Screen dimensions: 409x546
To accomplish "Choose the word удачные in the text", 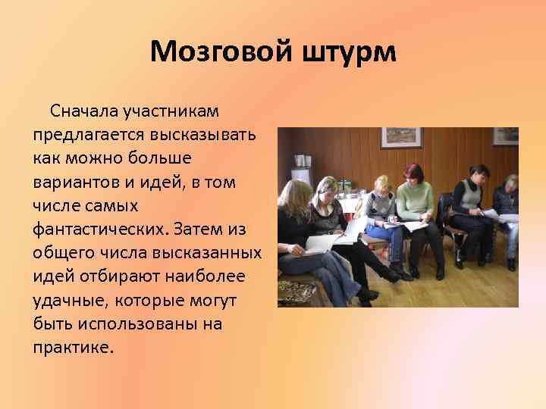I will coord(69,301).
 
